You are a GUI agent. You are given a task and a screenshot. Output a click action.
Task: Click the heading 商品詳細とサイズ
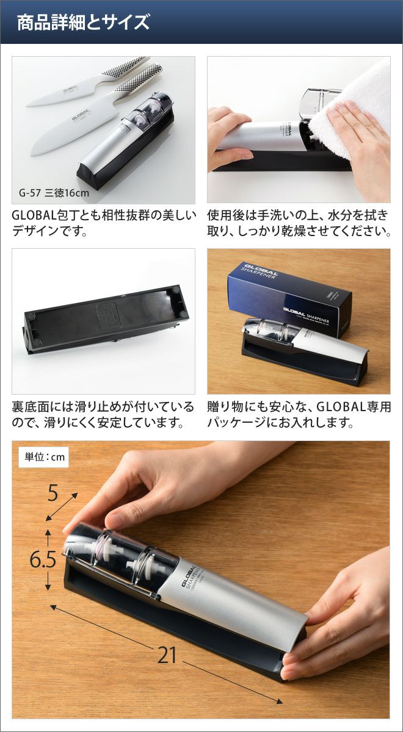coord(83,23)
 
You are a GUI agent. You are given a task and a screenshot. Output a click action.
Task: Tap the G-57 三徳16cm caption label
coord(54,193)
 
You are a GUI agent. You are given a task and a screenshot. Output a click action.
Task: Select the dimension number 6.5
coord(43,559)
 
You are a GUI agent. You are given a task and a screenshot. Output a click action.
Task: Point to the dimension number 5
coord(53,493)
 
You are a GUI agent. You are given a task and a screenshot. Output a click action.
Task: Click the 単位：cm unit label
coord(45,457)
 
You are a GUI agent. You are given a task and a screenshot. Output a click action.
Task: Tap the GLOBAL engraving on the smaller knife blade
coord(70,88)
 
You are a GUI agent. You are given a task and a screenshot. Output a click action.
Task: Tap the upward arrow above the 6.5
coord(48,537)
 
